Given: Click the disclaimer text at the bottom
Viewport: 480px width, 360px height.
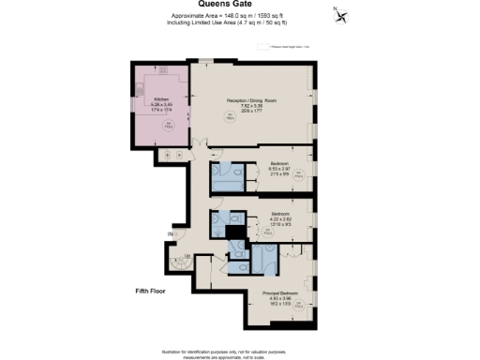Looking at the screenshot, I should (240, 351).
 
